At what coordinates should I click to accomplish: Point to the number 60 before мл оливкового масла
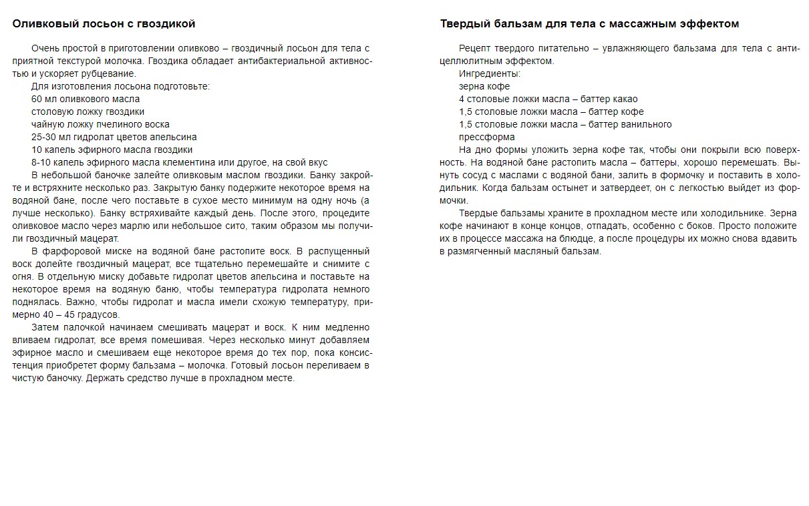(x=37, y=99)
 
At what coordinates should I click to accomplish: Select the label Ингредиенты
(x=490, y=73)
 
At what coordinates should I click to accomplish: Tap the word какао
(x=625, y=99)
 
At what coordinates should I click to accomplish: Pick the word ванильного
(x=645, y=124)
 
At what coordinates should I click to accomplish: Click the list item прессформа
(x=487, y=137)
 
